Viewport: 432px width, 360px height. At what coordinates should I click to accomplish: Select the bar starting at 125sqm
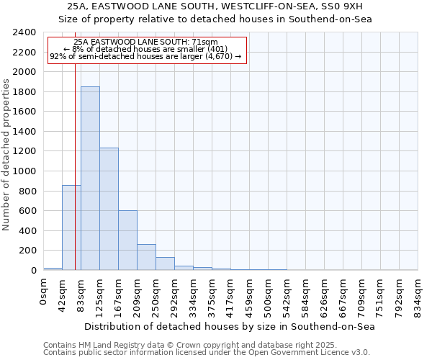pyautogui.click(x=109, y=209)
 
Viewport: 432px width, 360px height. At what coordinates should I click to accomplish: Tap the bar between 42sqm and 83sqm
pyautogui.click(x=71, y=228)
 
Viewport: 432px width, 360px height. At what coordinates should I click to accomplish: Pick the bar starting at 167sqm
pyautogui.click(x=127, y=240)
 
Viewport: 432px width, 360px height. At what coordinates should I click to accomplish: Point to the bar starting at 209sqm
pyautogui.click(x=146, y=257)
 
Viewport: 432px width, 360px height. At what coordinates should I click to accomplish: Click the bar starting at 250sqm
pyautogui.click(x=165, y=264)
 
